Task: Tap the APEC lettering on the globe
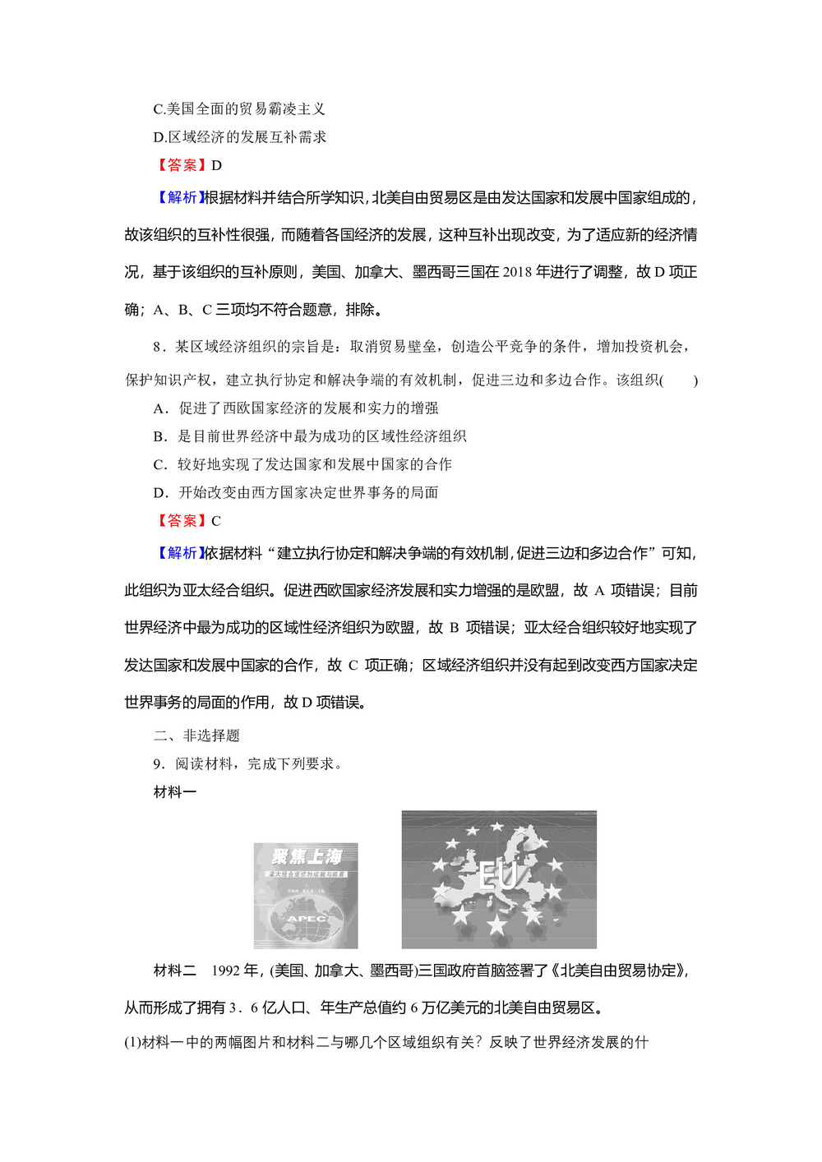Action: click(x=306, y=918)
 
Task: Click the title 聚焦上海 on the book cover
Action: click(x=306, y=857)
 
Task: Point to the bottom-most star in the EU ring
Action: click(x=497, y=926)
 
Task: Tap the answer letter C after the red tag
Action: click(x=216, y=521)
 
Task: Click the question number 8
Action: click(x=158, y=347)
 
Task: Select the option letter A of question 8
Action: click(x=159, y=408)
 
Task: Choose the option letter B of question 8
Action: click(x=159, y=436)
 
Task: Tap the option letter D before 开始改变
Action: click(x=159, y=492)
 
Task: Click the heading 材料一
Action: click(x=175, y=792)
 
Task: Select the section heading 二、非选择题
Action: click(x=196, y=735)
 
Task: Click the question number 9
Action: click(x=158, y=764)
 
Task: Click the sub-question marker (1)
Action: click(x=132, y=1042)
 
